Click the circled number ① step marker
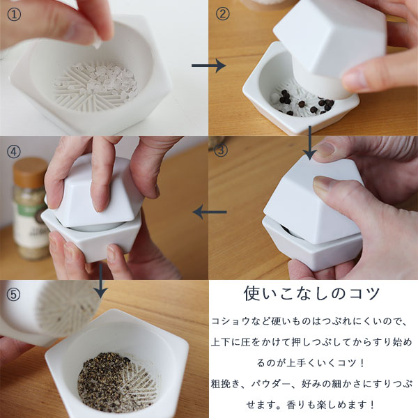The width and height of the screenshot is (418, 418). point(14,15)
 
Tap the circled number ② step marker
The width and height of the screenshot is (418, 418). point(222,14)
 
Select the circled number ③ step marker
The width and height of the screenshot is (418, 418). point(221,150)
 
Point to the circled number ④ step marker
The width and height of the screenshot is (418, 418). point(14,152)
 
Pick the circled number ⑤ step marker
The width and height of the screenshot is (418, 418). point(14,295)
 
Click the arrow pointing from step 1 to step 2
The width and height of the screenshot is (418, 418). point(209,65)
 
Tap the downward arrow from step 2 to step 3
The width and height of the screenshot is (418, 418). point(310,143)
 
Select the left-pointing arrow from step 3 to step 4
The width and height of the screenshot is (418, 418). point(210,212)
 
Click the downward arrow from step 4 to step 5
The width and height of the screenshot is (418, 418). point(100,281)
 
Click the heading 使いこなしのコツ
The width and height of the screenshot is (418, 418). point(311,293)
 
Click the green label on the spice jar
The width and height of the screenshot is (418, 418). point(30,208)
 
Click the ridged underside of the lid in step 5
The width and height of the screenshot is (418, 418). point(67,309)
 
